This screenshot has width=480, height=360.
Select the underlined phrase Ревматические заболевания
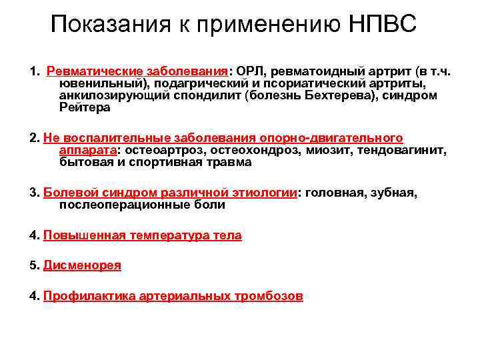point(137,71)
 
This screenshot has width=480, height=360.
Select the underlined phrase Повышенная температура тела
point(142,235)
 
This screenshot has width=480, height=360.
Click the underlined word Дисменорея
point(82,265)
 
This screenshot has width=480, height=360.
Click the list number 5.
point(33,265)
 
